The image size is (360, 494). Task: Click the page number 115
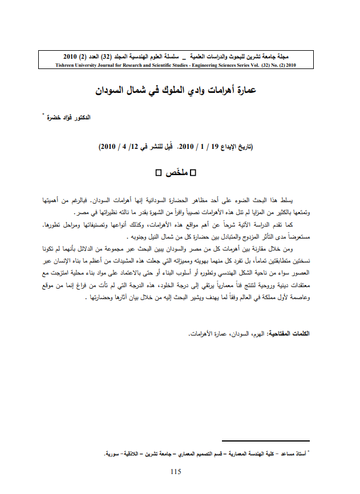175,471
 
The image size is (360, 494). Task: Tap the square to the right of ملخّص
192,172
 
